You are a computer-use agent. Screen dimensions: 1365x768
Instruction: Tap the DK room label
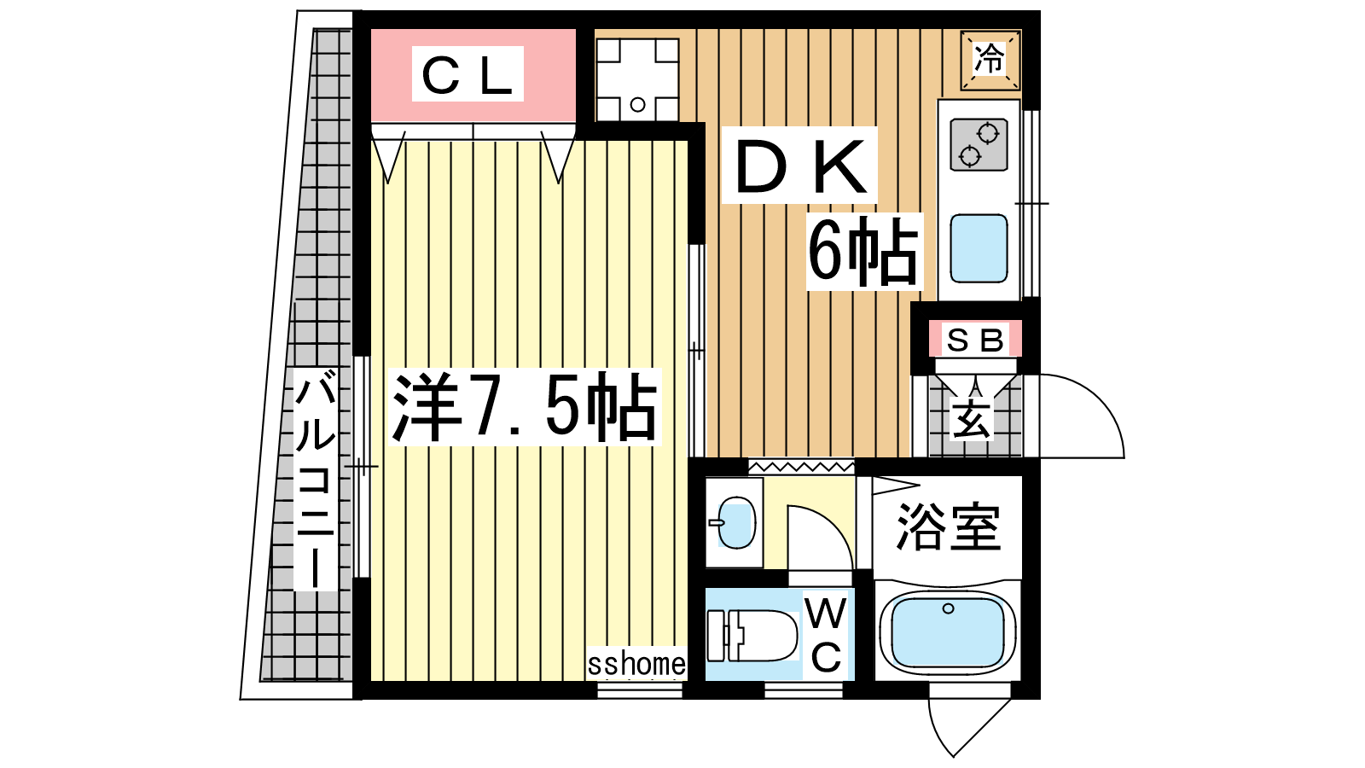(x=799, y=166)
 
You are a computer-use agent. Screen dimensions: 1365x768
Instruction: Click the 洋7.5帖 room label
(x=525, y=406)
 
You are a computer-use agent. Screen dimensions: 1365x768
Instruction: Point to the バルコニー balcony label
(x=315, y=479)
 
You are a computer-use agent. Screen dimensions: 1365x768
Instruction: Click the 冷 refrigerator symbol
(x=990, y=60)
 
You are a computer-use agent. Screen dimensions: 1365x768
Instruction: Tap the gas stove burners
(x=979, y=145)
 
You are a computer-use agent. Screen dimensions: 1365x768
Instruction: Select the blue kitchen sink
(x=979, y=248)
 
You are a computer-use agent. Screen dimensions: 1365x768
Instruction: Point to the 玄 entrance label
(x=972, y=419)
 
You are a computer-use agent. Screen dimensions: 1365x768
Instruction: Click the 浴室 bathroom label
(x=948, y=527)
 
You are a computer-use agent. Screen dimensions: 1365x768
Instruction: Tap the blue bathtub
(x=948, y=631)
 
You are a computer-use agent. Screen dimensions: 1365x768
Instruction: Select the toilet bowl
(x=753, y=636)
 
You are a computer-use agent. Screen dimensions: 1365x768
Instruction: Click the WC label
(x=827, y=635)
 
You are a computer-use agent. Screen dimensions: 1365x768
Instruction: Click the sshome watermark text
(x=636, y=664)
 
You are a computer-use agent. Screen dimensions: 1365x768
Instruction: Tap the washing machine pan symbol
(x=637, y=80)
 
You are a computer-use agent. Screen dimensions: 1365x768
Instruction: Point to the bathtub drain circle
(x=948, y=608)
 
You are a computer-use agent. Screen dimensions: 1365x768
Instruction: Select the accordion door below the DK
(x=801, y=468)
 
